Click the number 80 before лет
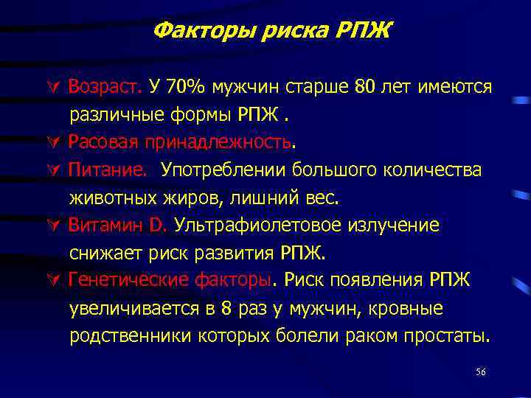click(x=365, y=86)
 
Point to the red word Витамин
click(x=100, y=225)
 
